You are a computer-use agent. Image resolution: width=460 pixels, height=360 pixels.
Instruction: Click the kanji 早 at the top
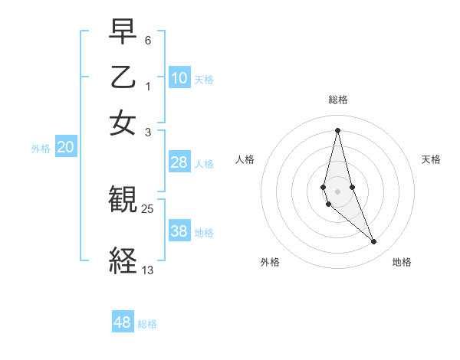(123, 31)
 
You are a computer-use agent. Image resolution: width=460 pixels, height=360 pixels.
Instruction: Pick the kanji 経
(123, 261)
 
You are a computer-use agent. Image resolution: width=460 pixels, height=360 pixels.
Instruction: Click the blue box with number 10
(179, 77)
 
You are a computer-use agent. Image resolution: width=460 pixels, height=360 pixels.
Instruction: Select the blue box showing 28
(179, 162)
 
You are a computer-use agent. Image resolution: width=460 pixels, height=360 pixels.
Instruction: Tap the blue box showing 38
(179, 231)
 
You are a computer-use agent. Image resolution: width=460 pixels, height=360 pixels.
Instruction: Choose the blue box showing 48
(123, 322)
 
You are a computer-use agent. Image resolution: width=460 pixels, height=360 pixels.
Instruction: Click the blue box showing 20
(65, 147)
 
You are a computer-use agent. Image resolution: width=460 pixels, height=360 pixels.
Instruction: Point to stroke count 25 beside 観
(147, 208)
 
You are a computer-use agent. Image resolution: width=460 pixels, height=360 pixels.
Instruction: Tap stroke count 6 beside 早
(147, 39)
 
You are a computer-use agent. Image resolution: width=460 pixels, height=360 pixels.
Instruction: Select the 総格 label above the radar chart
(337, 100)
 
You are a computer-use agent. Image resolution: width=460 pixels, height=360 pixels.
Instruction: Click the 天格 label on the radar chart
(431, 159)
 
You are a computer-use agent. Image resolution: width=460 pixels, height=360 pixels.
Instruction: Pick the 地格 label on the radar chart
(402, 262)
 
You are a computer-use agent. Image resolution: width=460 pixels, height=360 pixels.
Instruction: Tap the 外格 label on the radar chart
(270, 262)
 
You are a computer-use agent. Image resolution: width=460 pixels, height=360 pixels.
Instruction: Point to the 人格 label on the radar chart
(245, 159)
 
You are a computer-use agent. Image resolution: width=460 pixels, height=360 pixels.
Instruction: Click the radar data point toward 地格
(374, 242)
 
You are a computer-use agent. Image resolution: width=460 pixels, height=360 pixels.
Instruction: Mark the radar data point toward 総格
(337, 129)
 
